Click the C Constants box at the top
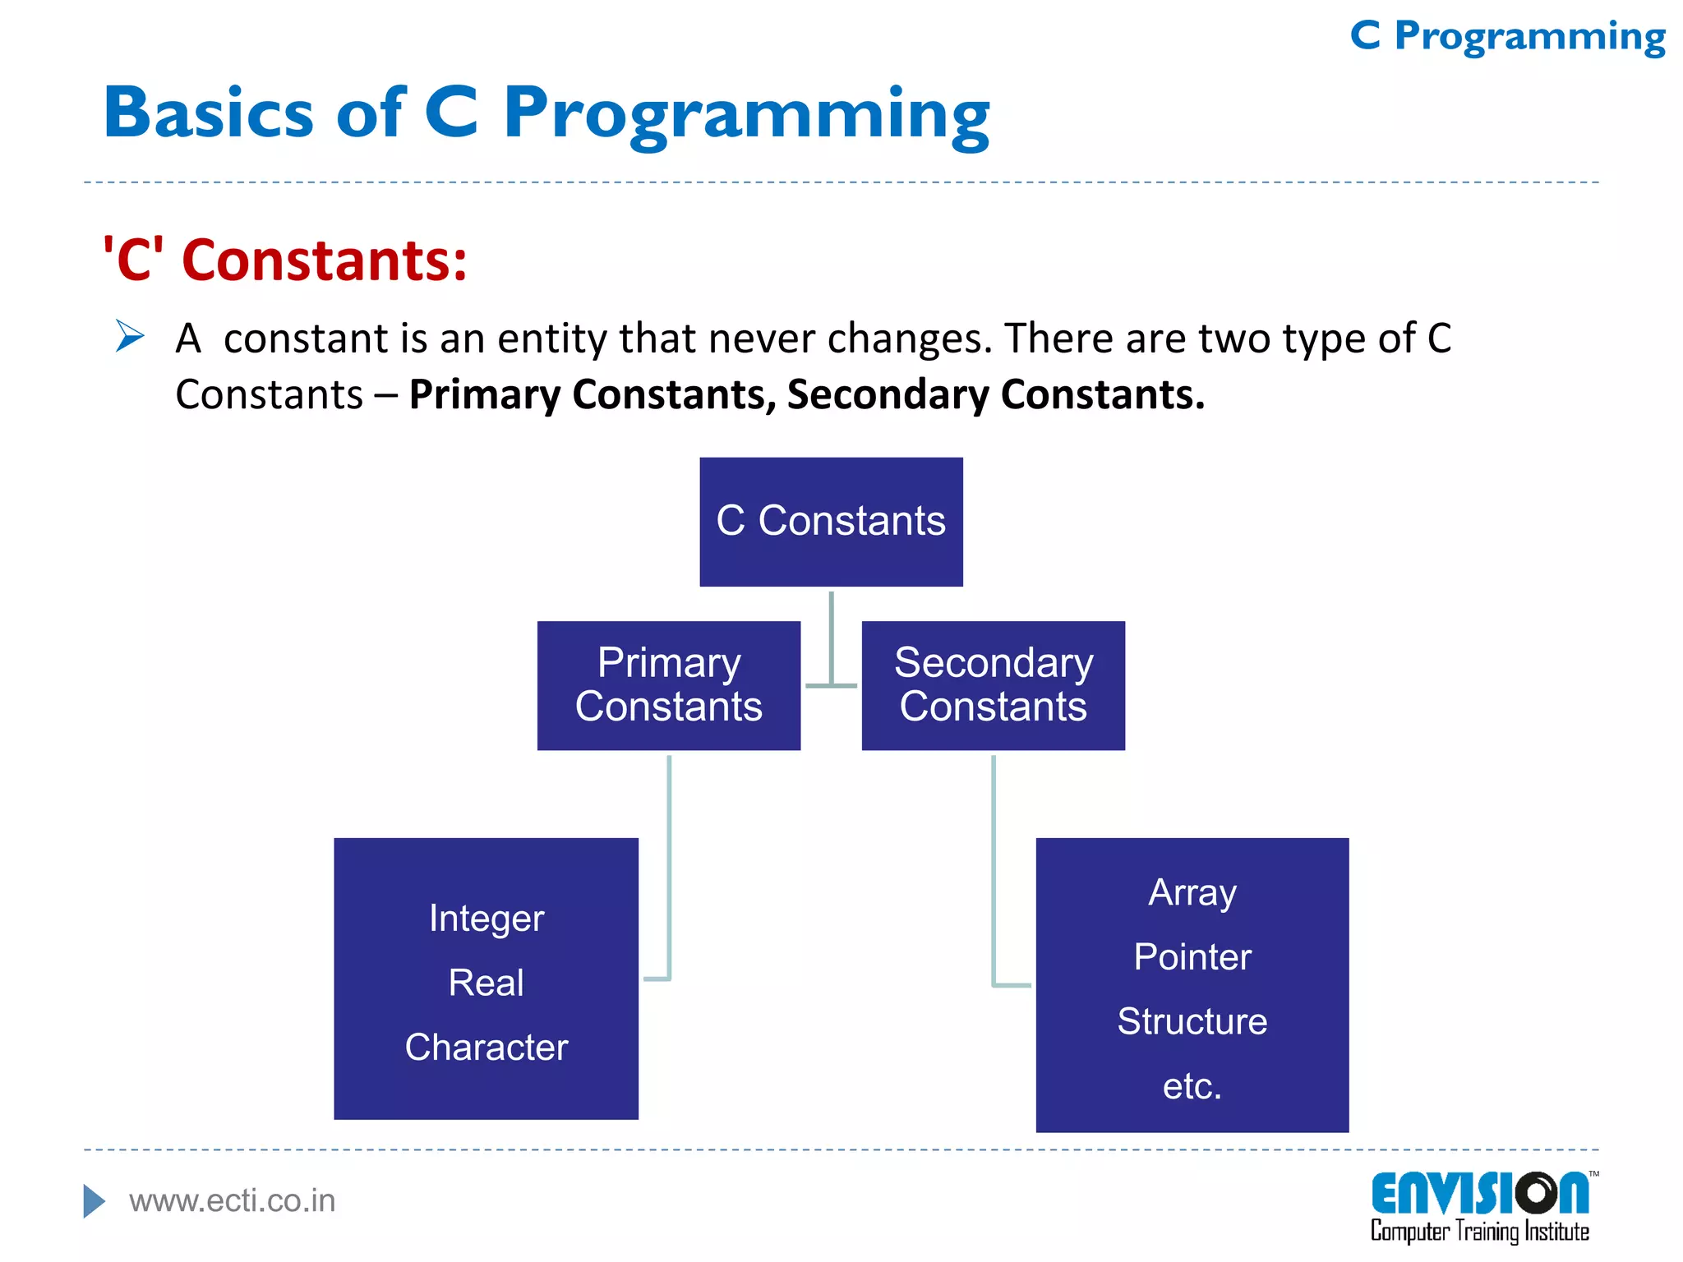tap(831, 522)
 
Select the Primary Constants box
tap(668, 685)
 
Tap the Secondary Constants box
tap(993, 685)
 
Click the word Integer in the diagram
tap(486, 919)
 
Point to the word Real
tap(486, 983)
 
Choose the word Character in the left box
tap(486, 1048)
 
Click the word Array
tap(1192, 893)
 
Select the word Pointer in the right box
tap(1192, 957)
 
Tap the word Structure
tap(1192, 1022)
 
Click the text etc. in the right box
tap(1192, 1086)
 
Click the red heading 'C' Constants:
tap(284, 260)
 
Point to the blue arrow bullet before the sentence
tap(130, 336)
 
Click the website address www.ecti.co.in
tap(233, 1201)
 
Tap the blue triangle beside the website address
tap(94, 1201)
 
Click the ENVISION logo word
tap(1479, 1194)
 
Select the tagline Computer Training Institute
tap(1479, 1232)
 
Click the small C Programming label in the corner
tap(1507, 37)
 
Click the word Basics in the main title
tap(209, 113)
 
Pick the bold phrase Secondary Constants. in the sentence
tap(995, 394)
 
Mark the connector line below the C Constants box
tap(831, 637)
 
